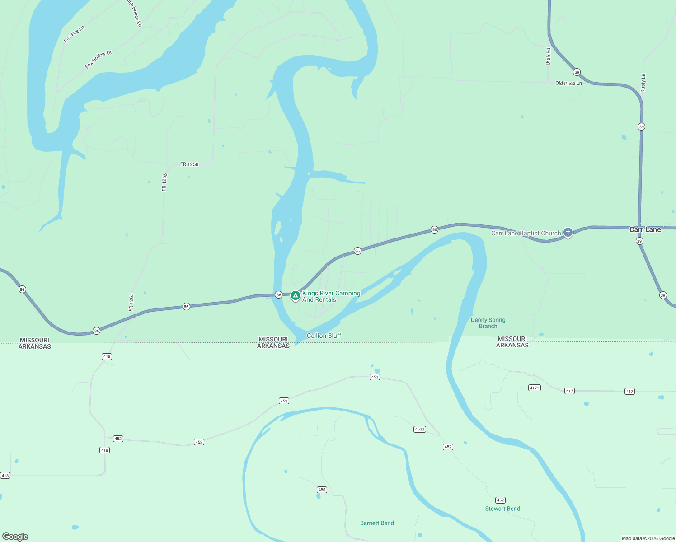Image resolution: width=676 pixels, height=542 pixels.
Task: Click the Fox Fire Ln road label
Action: tap(74, 34)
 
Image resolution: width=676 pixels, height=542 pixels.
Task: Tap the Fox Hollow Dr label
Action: tap(98, 60)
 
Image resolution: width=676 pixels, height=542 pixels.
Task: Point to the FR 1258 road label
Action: tap(189, 164)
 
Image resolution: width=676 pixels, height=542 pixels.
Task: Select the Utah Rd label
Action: tap(549, 56)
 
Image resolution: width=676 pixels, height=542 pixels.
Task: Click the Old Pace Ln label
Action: tap(568, 84)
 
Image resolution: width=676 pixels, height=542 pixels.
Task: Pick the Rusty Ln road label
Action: tap(643, 83)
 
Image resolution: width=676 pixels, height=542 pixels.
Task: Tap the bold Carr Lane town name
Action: tap(645, 229)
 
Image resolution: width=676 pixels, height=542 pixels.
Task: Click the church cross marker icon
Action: tap(568, 233)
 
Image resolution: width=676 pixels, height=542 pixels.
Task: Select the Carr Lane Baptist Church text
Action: tap(526, 234)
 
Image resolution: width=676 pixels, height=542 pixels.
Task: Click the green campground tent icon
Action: tap(295, 295)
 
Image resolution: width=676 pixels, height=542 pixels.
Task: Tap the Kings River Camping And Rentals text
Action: tap(331, 296)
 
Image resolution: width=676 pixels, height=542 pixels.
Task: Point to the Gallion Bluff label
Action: tap(324, 336)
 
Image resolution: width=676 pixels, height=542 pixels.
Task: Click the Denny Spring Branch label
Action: tap(488, 323)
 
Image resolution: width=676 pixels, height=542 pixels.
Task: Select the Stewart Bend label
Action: tap(502, 509)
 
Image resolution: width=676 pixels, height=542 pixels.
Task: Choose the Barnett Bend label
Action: tap(377, 523)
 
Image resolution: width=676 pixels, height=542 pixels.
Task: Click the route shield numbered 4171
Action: tap(534, 388)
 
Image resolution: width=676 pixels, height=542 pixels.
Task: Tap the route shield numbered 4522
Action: tap(419, 429)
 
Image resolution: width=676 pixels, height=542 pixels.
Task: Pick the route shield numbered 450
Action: tap(322, 490)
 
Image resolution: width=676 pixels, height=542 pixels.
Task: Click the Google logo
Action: tap(15, 537)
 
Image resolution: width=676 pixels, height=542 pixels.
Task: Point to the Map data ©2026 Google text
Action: tap(648, 538)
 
